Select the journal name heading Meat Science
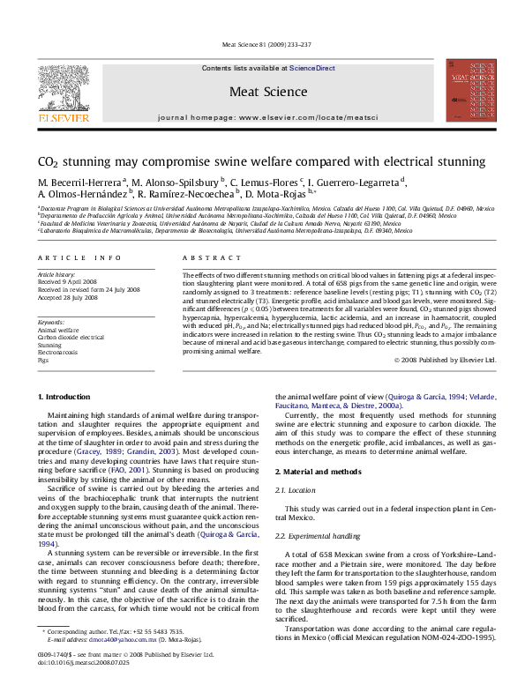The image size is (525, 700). pos(262,91)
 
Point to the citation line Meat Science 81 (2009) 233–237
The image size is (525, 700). pos(262,52)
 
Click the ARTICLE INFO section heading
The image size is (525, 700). pos(79,257)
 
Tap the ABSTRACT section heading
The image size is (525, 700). pos(204,257)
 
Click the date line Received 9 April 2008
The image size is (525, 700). pos(69,281)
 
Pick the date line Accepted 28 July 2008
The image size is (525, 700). pos(68,295)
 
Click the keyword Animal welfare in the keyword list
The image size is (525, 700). pos(59,331)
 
